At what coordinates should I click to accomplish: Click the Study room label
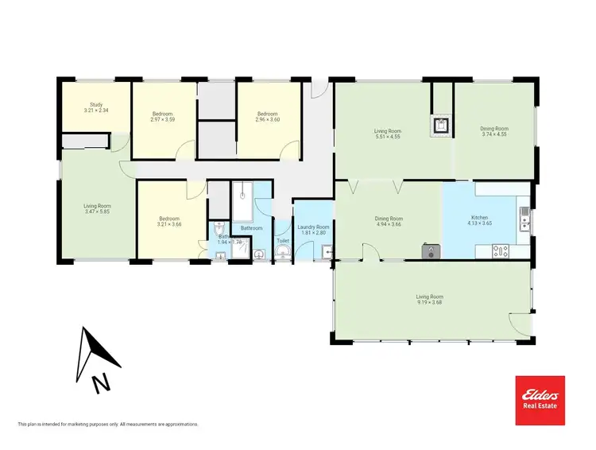pyautogui.click(x=96, y=104)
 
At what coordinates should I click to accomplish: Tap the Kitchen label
pyautogui.click(x=479, y=217)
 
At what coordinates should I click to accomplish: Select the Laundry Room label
pyautogui.click(x=313, y=227)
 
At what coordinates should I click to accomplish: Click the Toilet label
pyautogui.click(x=282, y=239)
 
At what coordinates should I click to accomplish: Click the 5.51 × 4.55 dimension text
pyautogui.click(x=388, y=135)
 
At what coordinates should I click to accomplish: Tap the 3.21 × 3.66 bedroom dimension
pyautogui.click(x=168, y=224)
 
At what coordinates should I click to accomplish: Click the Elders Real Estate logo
pyautogui.click(x=540, y=399)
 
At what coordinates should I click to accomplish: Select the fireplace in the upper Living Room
pyautogui.click(x=440, y=125)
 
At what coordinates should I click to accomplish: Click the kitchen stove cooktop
pyautogui.click(x=500, y=250)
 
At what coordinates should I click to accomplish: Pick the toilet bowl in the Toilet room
pyautogui.click(x=284, y=253)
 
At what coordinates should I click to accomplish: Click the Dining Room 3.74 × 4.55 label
pyautogui.click(x=494, y=131)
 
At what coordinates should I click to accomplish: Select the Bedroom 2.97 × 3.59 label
pyautogui.click(x=162, y=117)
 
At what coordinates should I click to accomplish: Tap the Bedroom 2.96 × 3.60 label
pyautogui.click(x=267, y=117)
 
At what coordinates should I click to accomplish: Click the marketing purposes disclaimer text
pyautogui.click(x=107, y=425)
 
